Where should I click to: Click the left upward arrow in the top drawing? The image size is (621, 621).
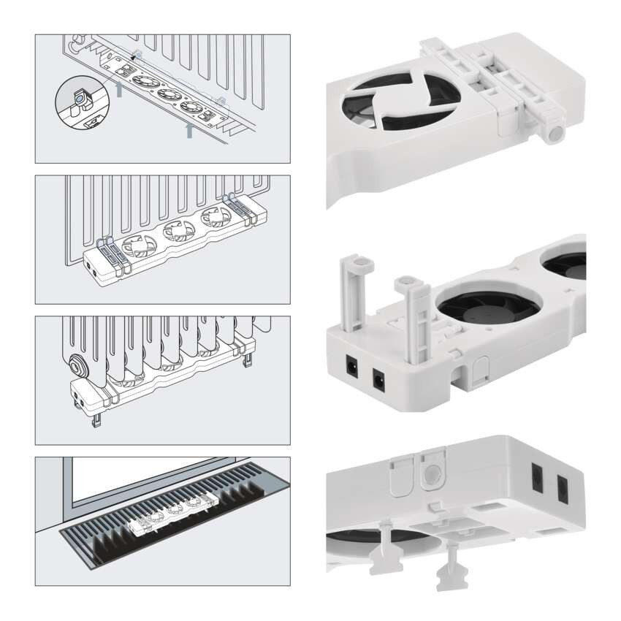[x=118, y=89]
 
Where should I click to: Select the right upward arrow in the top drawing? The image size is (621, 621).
[x=190, y=130]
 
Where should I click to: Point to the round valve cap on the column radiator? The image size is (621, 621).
[x=77, y=363]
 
